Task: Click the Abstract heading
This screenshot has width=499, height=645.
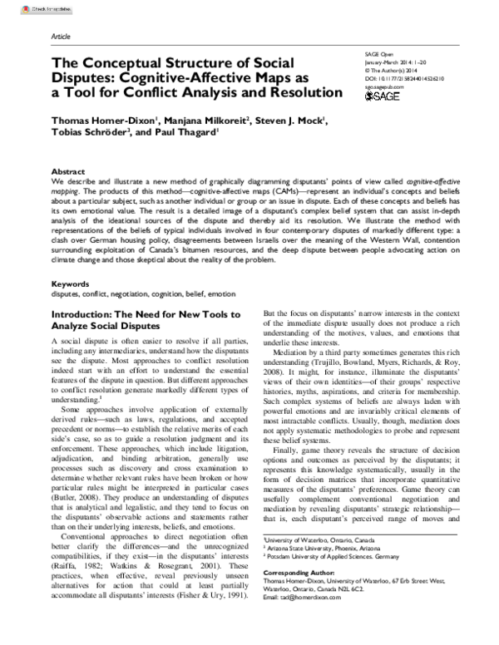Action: pyautogui.click(x=67, y=170)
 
